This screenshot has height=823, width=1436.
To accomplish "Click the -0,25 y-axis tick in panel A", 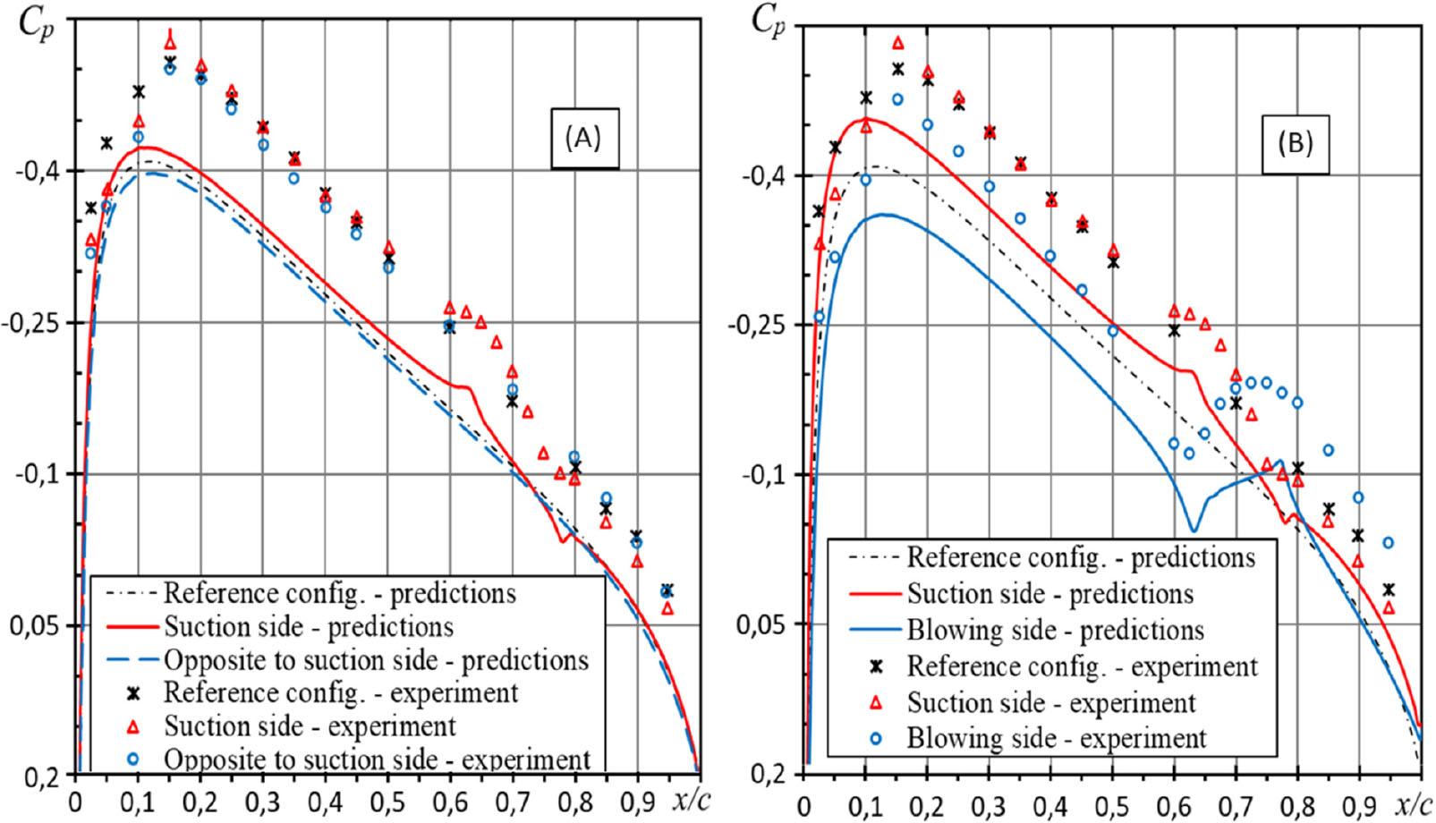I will coord(37,322).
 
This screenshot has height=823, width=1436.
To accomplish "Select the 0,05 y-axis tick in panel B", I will coord(766,624).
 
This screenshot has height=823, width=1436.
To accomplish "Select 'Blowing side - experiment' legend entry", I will coord(1057,738).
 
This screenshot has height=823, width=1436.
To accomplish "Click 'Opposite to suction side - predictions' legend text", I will coord(376,660).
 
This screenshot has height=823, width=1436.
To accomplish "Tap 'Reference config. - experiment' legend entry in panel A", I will coord(340,692).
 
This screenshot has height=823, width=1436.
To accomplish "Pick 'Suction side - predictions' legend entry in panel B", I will coord(1049,593).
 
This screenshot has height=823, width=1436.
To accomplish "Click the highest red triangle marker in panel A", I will coord(170,41).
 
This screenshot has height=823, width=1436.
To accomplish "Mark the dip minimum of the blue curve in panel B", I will coord(1194,529).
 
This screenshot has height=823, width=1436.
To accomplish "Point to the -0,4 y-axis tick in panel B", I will coord(766,174).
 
